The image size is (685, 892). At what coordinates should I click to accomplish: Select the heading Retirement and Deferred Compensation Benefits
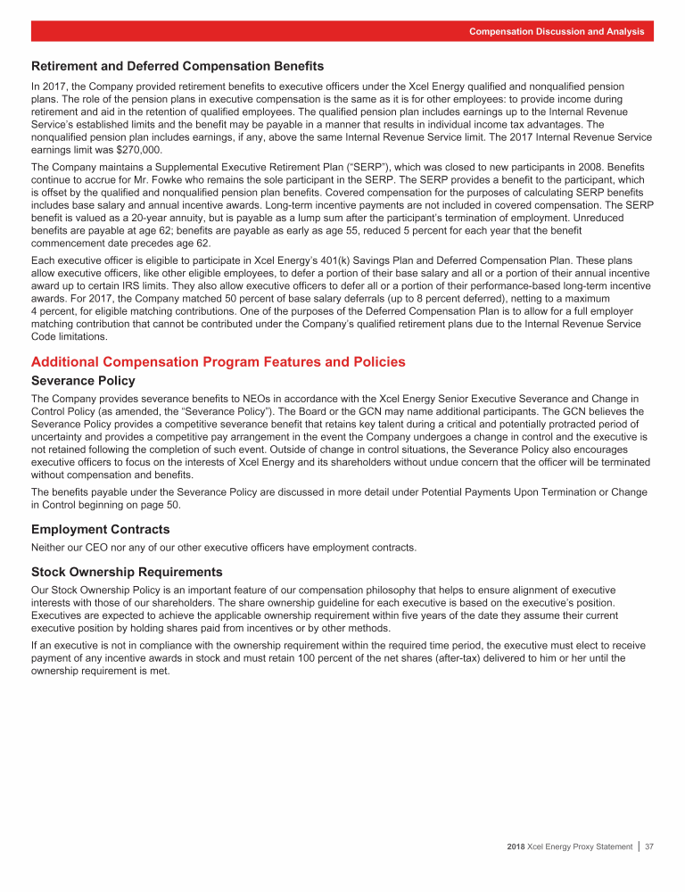pyautogui.click(x=177, y=66)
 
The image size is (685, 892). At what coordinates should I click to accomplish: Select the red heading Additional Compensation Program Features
pyautogui.click(x=219, y=362)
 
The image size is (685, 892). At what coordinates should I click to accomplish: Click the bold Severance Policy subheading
pyautogui.click(x=83, y=380)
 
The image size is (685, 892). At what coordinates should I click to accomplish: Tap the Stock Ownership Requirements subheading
pyautogui.click(x=127, y=571)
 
